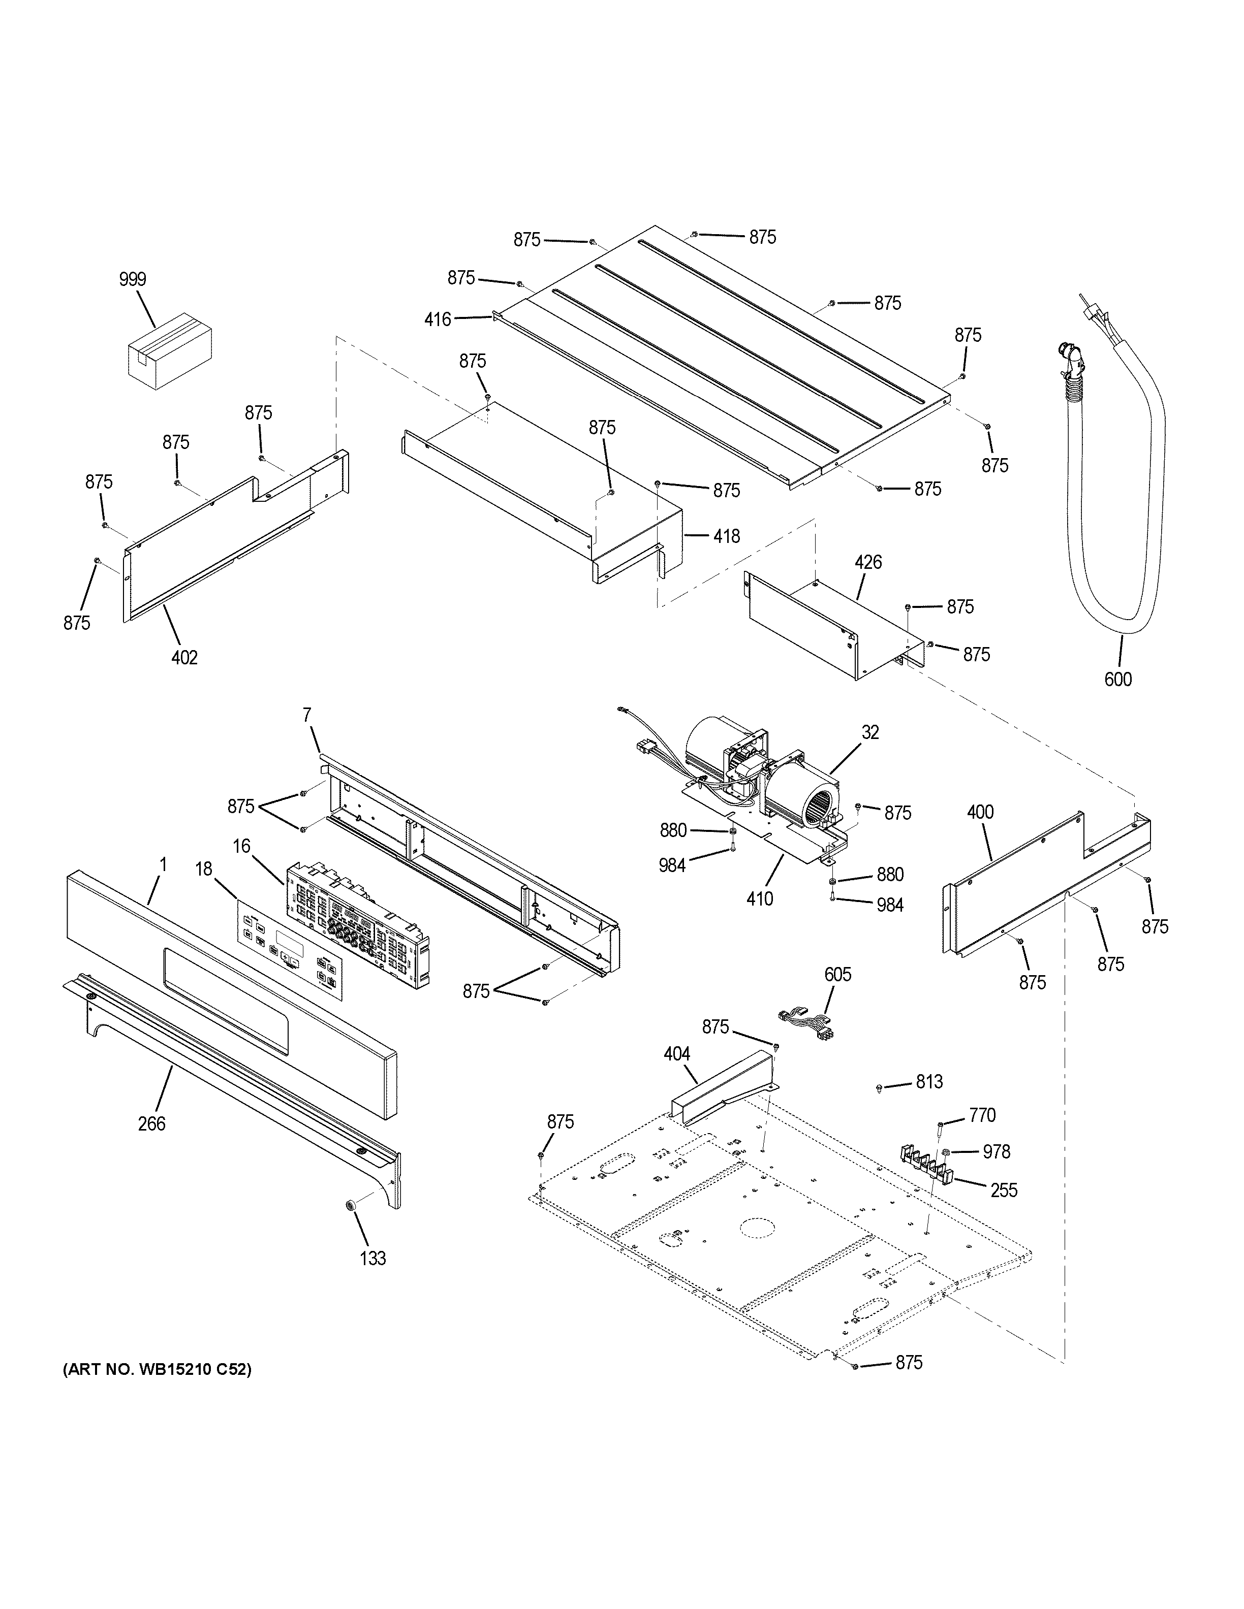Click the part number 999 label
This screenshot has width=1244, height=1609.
point(133,279)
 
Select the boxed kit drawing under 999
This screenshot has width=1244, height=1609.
point(170,351)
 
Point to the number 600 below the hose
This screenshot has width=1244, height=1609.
point(1117,679)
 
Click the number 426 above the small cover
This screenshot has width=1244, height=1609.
point(868,563)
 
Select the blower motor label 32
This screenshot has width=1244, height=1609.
point(870,732)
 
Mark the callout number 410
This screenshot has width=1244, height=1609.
point(760,899)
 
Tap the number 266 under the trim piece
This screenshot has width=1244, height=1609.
point(152,1123)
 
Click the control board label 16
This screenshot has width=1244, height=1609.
point(242,846)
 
